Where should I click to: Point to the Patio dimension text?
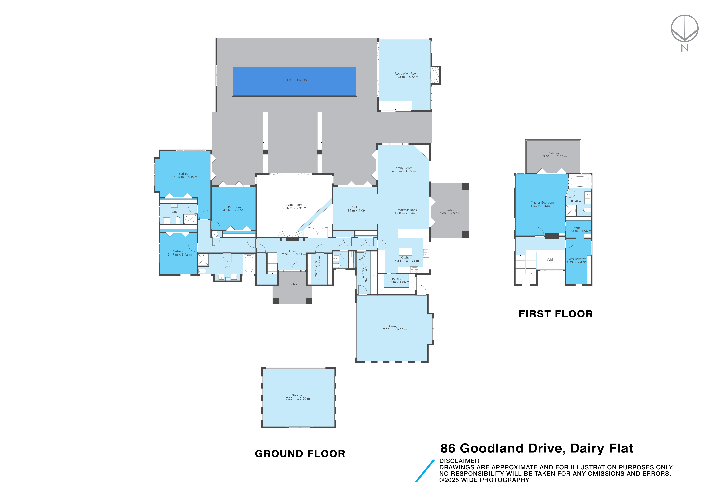[451, 213]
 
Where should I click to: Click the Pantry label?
[397, 279]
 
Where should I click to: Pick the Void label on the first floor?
[550, 260]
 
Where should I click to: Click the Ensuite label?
[576, 201]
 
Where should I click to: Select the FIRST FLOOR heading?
[556, 314]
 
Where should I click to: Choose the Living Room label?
[294, 205]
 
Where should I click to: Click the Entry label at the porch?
[293, 284]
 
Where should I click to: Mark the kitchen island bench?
[406, 252]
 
